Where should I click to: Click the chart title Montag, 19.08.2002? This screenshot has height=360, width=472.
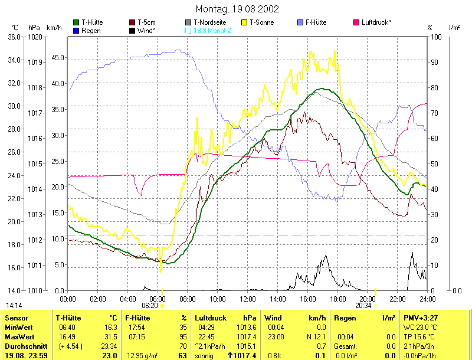pyautogui.click(x=237, y=9)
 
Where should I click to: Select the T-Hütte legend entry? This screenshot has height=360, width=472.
pyautogui.click(x=92, y=22)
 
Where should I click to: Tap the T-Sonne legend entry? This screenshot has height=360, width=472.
pyautogui.click(x=262, y=22)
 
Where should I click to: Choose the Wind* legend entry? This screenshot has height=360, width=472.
pyautogui.click(x=146, y=30)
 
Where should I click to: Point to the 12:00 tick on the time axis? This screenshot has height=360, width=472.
pyautogui.click(x=248, y=299)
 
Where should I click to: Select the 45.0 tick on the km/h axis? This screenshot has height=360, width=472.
pyautogui.click(x=57, y=57)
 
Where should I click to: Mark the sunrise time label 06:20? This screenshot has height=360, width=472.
pyautogui.click(x=150, y=306)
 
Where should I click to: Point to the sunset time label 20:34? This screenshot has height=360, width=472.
pyautogui.click(x=363, y=306)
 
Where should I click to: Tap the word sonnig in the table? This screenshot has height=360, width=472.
pyautogui.click(x=206, y=356)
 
